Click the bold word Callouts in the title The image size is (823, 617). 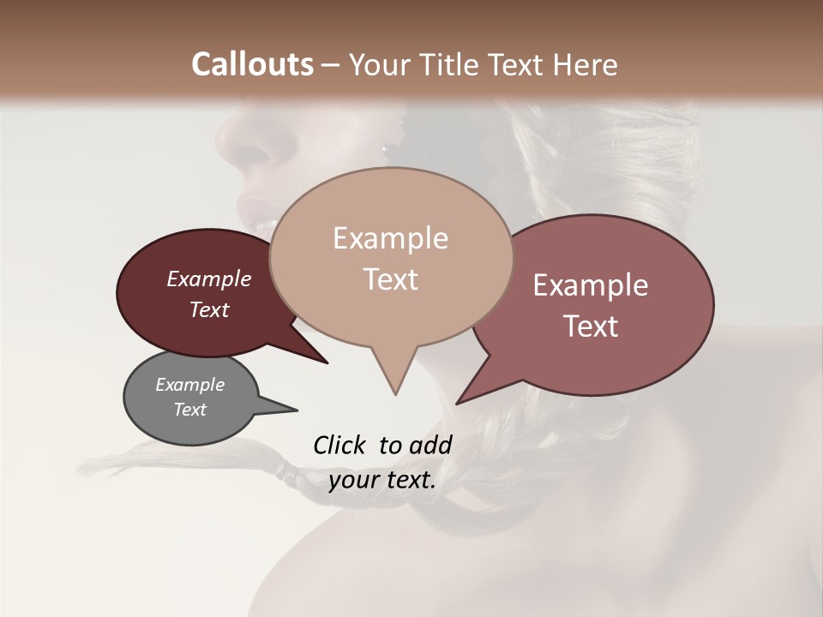pyautogui.click(x=252, y=64)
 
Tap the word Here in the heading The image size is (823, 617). pyautogui.click(x=584, y=64)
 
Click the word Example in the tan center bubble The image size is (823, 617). pyautogui.click(x=390, y=238)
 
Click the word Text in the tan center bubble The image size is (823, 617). pyautogui.click(x=390, y=279)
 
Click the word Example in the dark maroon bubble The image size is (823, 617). pyautogui.click(x=208, y=279)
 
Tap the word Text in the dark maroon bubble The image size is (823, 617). pyautogui.click(x=208, y=310)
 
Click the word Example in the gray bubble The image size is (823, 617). pyautogui.click(x=189, y=385)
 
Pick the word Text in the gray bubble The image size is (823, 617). pyautogui.click(x=189, y=410)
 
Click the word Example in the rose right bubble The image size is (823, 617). pyautogui.click(x=591, y=285)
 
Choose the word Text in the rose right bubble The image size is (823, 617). pyautogui.click(x=591, y=326)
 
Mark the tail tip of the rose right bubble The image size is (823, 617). pyautogui.click(x=458, y=402)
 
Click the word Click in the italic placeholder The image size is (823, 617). pyautogui.click(x=340, y=445)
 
